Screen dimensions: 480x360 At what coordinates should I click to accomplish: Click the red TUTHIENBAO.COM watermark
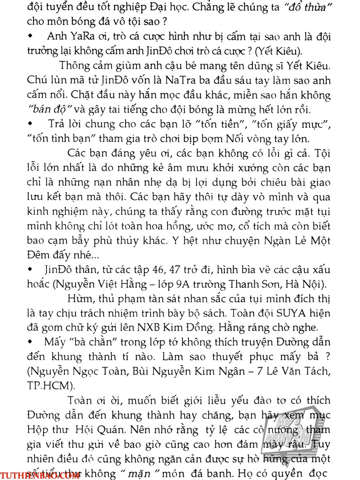coord(40,474)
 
